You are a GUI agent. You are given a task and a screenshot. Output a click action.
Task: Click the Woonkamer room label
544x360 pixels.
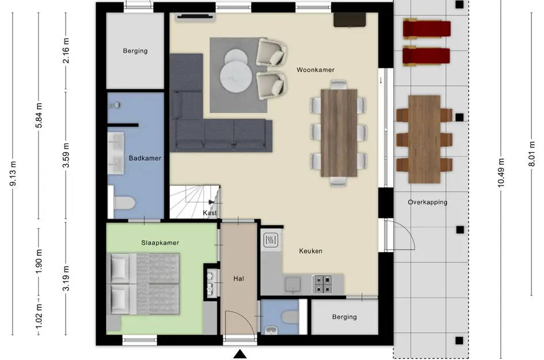coord(315,70)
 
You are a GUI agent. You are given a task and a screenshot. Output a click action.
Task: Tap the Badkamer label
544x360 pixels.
coord(144,158)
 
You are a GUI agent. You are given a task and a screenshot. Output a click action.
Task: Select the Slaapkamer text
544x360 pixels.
coord(160,242)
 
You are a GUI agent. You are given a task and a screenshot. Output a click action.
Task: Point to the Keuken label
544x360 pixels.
coord(310,251)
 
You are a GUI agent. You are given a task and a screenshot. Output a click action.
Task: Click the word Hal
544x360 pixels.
coord(239,278)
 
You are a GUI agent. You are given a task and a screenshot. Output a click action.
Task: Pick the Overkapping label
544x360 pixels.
coord(427,202)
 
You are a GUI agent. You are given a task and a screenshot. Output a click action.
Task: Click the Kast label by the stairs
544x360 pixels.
coord(210,213)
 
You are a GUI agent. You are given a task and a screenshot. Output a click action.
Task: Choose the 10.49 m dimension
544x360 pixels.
coord(501,173)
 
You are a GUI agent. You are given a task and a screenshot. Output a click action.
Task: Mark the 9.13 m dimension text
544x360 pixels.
coord(13,173)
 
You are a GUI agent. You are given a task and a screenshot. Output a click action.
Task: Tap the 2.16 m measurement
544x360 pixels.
coord(66,51)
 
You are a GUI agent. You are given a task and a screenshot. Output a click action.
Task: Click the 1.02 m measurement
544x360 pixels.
coord(39,316)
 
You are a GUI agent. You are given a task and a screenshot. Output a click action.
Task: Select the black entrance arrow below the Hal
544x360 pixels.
coord(239,354)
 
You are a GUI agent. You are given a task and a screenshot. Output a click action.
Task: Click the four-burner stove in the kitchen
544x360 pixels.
coord(322,284)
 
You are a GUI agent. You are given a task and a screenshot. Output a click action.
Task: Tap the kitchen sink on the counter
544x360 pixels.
coord(293,285)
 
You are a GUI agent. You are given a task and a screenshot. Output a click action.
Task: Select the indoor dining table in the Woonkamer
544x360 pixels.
coord(339,133)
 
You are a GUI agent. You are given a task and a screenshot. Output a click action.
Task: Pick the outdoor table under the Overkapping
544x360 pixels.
coord(424,139)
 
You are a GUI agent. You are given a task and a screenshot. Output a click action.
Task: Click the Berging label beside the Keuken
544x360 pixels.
coord(344,317)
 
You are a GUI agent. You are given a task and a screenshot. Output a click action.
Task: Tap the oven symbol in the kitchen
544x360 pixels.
coord(271,240)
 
